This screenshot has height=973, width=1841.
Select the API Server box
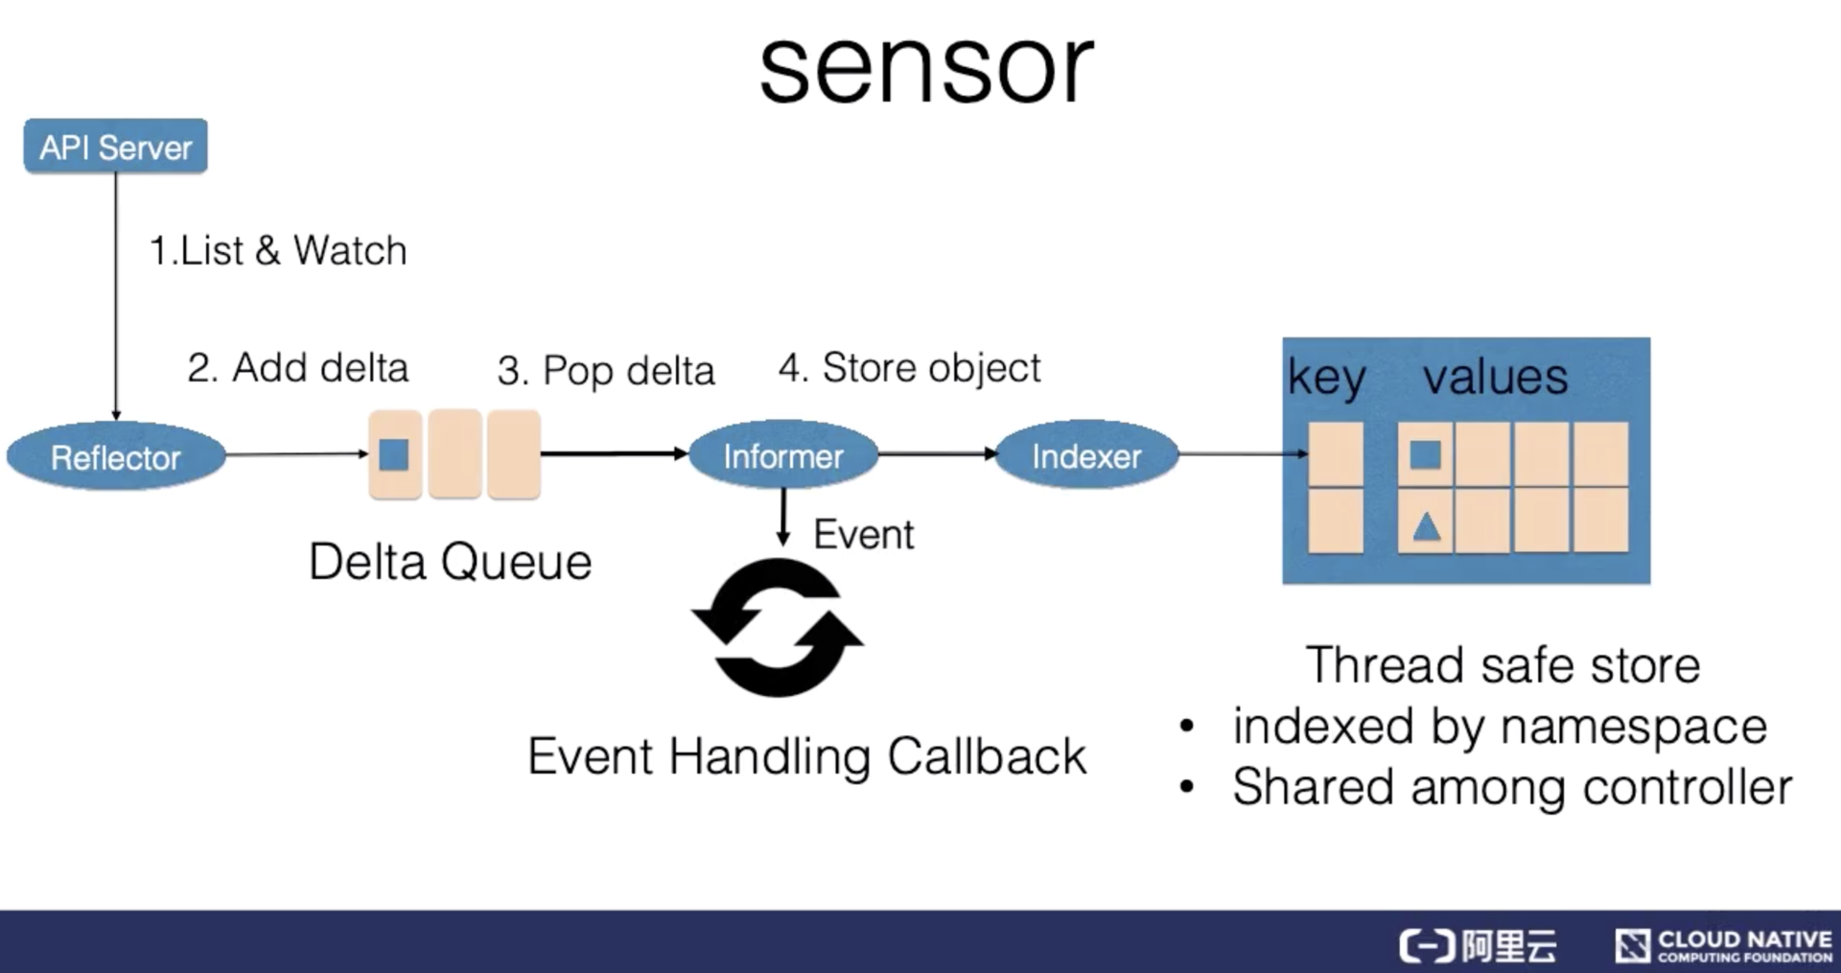115,147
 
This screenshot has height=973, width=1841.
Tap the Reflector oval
116,457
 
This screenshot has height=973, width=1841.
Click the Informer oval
782,456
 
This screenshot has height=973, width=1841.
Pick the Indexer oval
1086,456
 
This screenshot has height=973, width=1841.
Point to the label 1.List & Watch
278,250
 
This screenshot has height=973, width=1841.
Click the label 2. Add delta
297,368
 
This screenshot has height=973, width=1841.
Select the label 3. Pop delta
606,371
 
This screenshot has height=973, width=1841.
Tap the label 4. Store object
909,368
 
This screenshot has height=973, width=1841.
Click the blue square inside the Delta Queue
394,454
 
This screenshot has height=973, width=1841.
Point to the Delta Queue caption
450,562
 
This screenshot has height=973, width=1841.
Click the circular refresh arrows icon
778,628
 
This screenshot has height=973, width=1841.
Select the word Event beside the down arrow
863,534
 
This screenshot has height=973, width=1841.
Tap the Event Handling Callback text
806,756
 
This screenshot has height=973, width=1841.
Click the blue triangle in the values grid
1426,526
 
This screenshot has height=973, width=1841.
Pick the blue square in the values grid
1425,454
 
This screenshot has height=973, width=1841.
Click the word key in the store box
1326,377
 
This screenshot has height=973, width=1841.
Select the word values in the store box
1495,377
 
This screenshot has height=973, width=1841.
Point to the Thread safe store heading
1503,665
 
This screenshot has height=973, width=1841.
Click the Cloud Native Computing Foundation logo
1723,945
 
